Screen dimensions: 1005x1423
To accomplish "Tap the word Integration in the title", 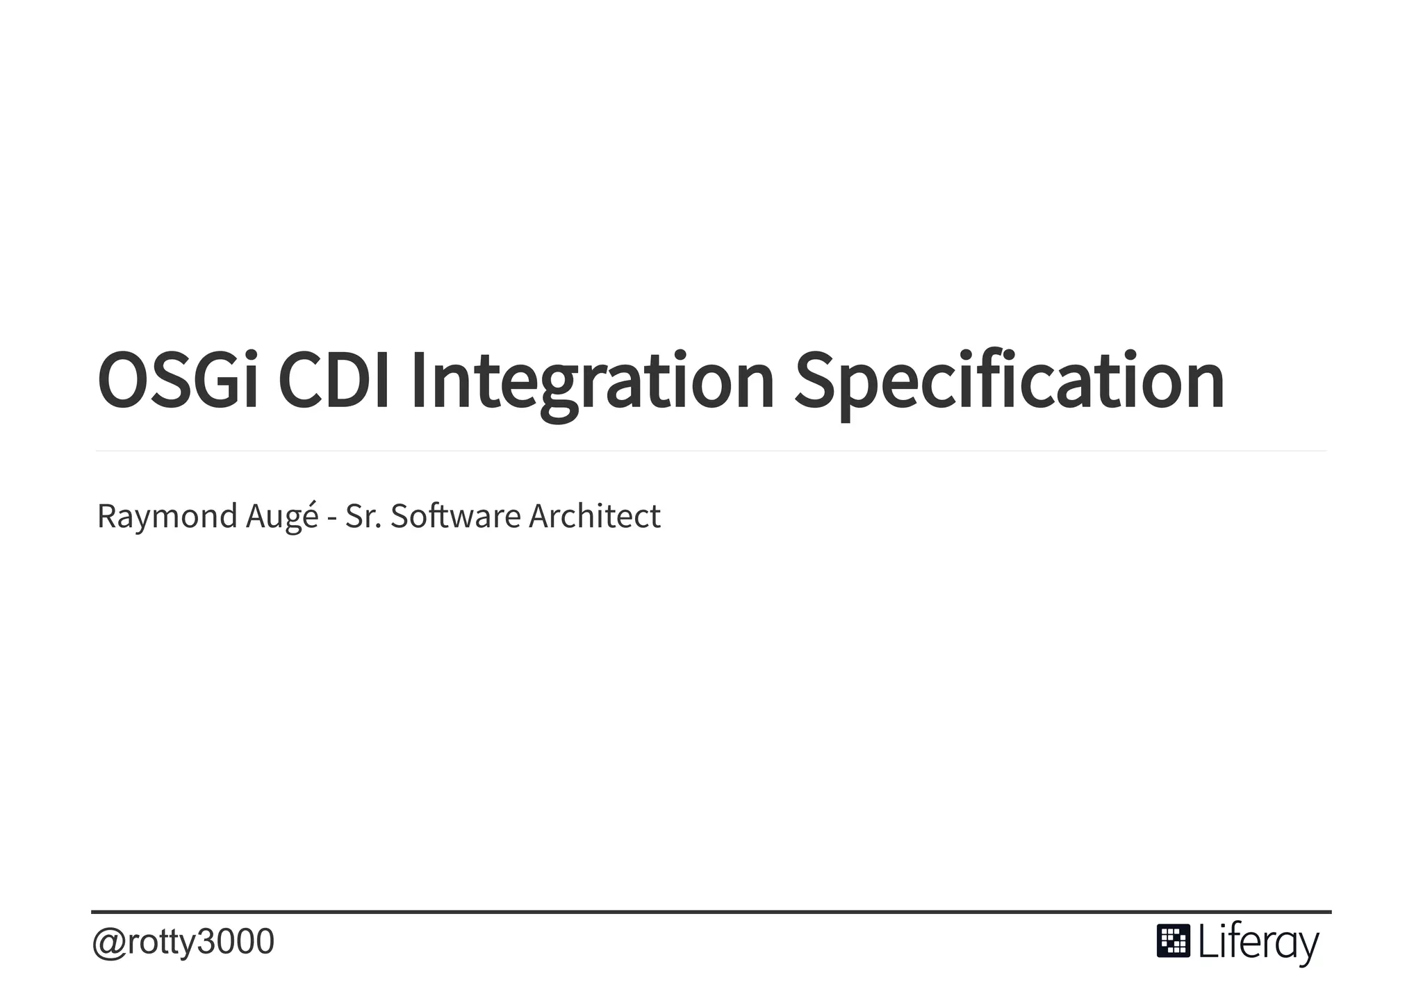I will [x=592, y=381].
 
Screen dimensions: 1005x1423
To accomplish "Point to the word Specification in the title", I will [x=1009, y=381].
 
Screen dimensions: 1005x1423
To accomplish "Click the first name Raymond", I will [x=167, y=516].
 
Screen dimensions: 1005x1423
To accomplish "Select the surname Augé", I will [x=282, y=516].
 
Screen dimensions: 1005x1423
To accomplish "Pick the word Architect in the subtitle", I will [x=595, y=516].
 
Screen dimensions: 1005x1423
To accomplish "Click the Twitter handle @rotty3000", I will [x=183, y=942].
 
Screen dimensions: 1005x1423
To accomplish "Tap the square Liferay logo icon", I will [x=1173, y=941].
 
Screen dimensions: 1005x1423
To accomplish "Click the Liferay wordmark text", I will [x=1258, y=943].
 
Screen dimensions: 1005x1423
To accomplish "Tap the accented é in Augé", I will [x=310, y=516].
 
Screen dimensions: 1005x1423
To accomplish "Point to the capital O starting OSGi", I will [x=123, y=381].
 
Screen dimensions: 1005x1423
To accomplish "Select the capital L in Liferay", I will [x=1206, y=942].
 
